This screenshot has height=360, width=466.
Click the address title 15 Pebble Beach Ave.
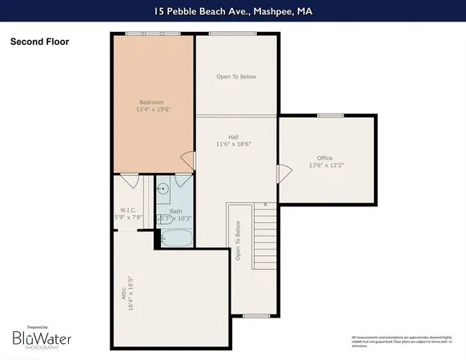(232, 12)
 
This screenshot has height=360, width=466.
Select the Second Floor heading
(39, 42)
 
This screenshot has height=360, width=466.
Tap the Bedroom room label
(152, 102)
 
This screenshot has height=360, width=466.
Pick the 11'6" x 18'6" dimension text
(236, 144)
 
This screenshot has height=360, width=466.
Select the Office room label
(324, 158)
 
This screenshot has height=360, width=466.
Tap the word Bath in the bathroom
(175, 211)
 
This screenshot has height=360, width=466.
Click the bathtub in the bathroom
(176, 238)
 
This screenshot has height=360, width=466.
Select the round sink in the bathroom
(164, 190)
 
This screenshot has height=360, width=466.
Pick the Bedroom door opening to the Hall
(187, 160)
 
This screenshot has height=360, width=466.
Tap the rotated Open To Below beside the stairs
(238, 240)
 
